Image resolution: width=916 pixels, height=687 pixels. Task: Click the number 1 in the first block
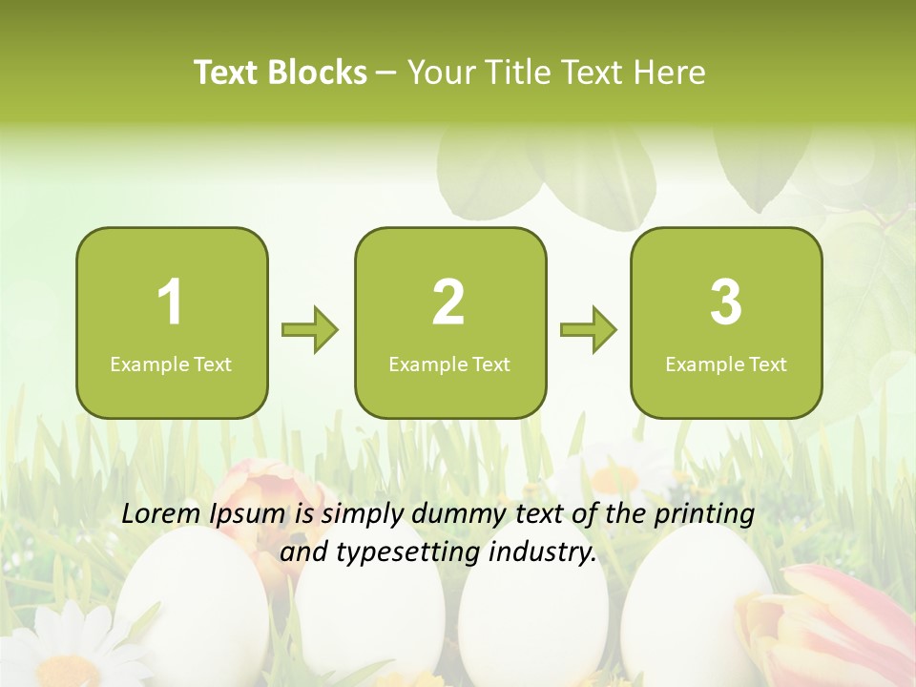(x=171, y=302)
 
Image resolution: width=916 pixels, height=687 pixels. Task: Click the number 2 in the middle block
(x=448, y=302)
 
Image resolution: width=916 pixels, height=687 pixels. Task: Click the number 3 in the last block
(x=726, y=302)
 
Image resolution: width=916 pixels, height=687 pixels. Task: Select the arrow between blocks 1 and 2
(x=311, y=331)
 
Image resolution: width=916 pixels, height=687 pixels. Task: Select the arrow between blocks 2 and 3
(x=589, y=331)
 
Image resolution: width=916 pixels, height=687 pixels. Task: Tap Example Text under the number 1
(x=171, y=364)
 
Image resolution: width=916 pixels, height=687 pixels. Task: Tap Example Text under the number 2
(x=449, y=364)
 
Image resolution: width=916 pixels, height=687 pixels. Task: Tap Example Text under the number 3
(x=726, y=364)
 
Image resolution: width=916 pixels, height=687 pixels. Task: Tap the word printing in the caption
(x=703, y=515)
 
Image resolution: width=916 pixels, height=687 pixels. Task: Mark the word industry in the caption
(x=544, y=552)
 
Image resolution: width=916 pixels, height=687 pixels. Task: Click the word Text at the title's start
(x=226, y=73)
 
